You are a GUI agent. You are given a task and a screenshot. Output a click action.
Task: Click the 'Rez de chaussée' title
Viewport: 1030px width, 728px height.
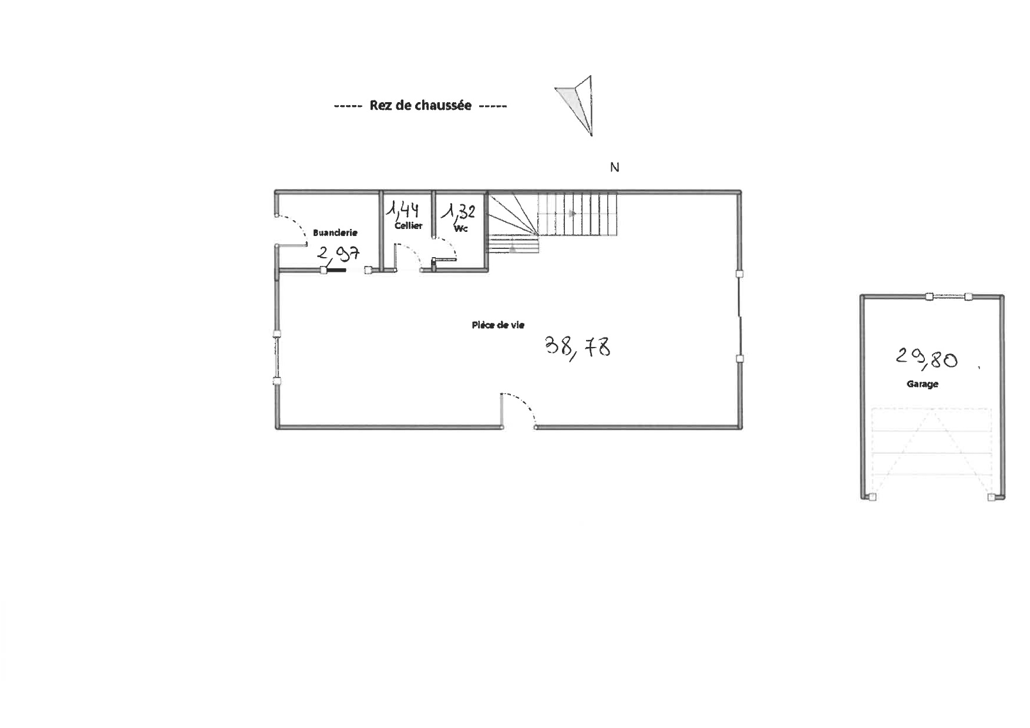point(420,106)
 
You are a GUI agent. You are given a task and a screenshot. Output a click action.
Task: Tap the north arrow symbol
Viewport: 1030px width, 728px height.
point(578,106)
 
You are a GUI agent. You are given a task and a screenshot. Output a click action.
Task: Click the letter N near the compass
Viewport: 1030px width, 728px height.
point(615,167)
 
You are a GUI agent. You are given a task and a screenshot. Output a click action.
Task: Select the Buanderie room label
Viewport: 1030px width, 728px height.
point(335,232)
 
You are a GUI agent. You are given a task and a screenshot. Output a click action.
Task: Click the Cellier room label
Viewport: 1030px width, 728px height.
point(408,225)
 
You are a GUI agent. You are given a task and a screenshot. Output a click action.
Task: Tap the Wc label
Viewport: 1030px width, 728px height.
point(461,228)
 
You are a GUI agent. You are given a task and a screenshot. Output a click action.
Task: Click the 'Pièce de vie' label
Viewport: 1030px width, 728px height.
point(498,325)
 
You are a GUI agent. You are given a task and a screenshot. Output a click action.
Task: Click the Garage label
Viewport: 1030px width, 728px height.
point(922,384)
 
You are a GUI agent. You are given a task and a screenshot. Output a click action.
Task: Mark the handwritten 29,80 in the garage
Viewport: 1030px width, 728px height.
point(927,358)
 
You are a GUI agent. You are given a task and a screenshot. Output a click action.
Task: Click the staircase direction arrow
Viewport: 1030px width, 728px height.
point(571,214)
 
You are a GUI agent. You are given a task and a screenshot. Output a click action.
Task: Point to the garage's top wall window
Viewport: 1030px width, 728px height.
point(948,297)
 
